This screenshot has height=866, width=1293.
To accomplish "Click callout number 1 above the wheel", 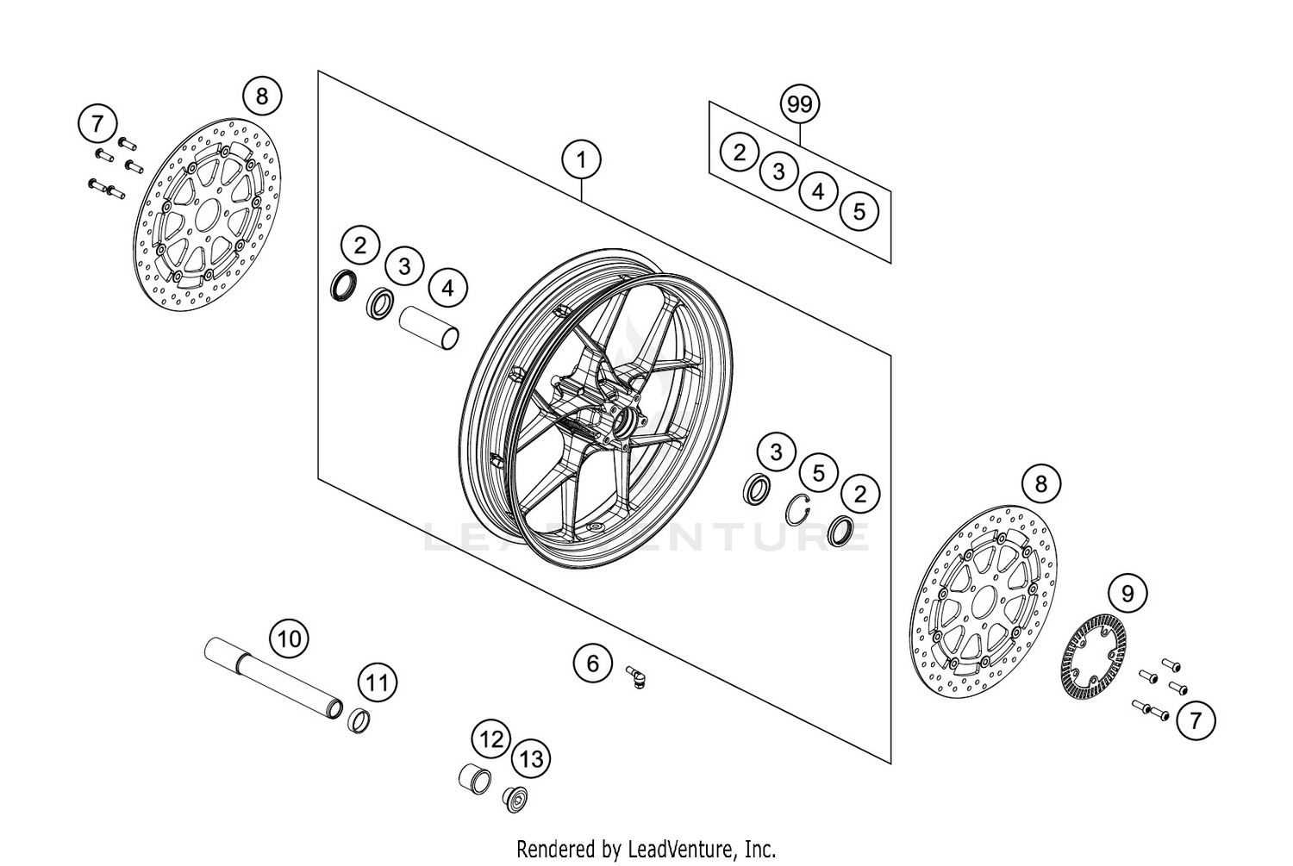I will [x=581, y=159].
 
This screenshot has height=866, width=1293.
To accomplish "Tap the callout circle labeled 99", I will [x=800, y=104].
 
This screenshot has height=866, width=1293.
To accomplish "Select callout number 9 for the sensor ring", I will [x=1127, y=593].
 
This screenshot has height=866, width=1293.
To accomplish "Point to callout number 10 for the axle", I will [x=290, y=639].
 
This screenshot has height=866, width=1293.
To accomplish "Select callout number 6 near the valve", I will [x=592, y=663].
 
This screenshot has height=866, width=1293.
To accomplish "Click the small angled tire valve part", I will [x=637, y=676].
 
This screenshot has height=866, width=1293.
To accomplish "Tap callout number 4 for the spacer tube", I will [x=447, y=288].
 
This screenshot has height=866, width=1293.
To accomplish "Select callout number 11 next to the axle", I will [x=376, y=684].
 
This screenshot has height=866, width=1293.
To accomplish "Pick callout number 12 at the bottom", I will [x=491, y=738].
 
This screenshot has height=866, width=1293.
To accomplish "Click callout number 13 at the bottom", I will [x=532, y=759].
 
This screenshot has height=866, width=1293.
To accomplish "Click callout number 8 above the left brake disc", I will [x=262, y=95].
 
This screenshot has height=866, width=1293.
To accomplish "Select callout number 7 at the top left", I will [x=97, y=123].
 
